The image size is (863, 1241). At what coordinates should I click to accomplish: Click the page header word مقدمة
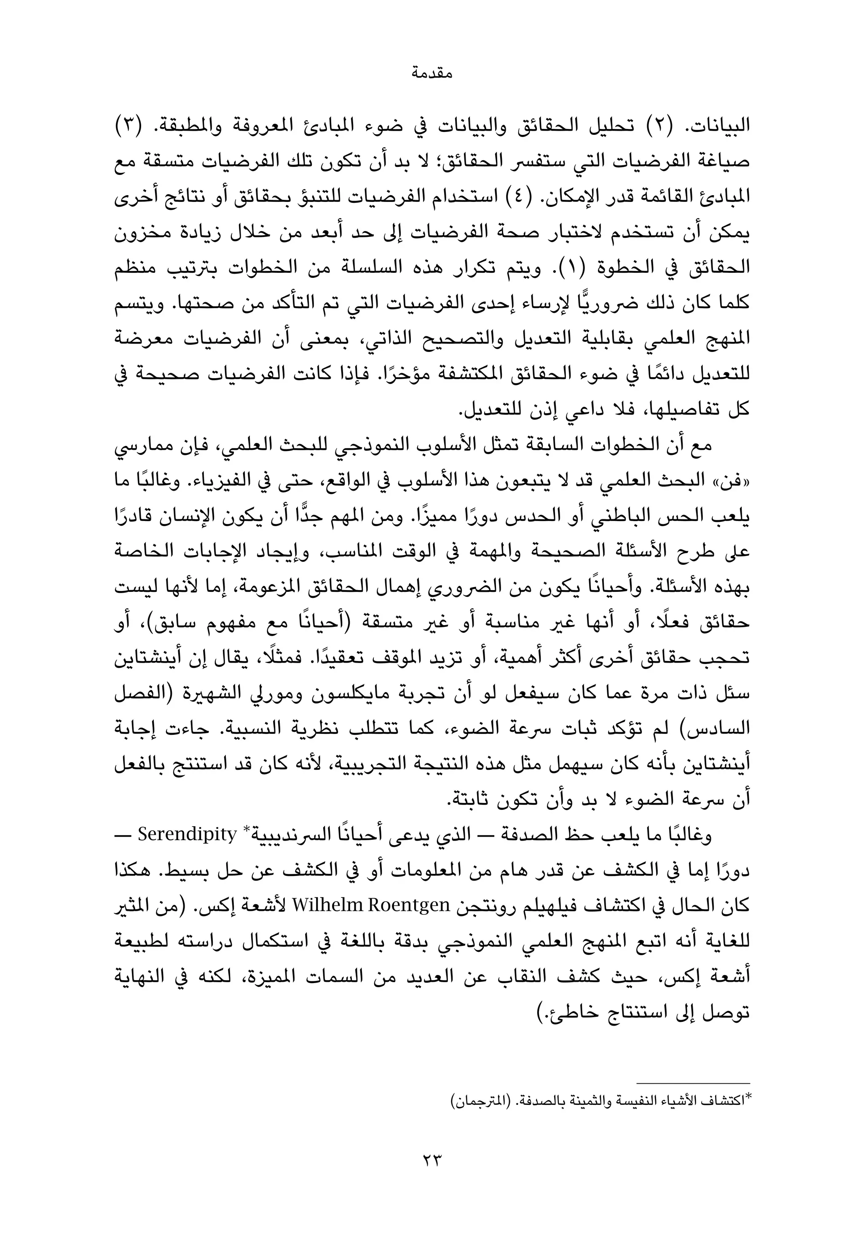click(431, 73)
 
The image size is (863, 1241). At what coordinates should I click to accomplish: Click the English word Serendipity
click(188, 835)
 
